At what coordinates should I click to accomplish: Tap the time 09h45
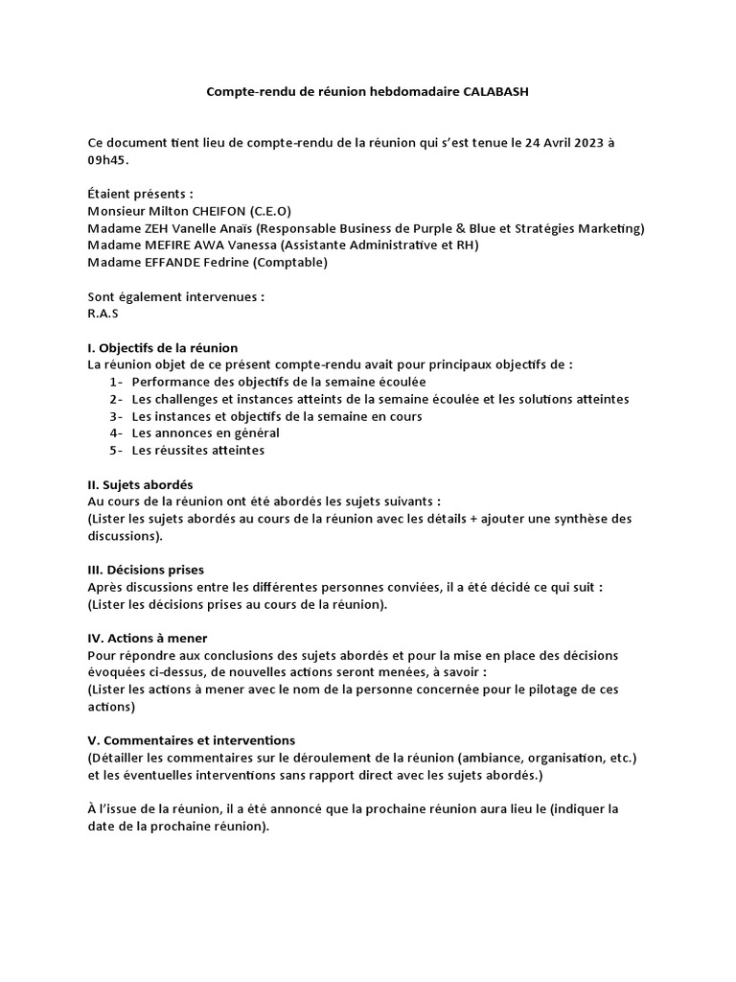coord(107,159)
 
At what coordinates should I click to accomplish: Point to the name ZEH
coord(154,227)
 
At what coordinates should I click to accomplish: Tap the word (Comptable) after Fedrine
coord(292,262)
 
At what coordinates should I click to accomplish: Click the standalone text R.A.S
coord(103,313)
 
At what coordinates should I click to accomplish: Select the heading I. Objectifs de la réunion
coord(162,347)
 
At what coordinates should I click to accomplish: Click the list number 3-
coord(117,416)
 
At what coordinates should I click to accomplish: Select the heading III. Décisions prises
coord(145,570)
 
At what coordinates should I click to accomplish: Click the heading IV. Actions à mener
coord(147,638)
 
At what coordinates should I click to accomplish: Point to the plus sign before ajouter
coord(474,519)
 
